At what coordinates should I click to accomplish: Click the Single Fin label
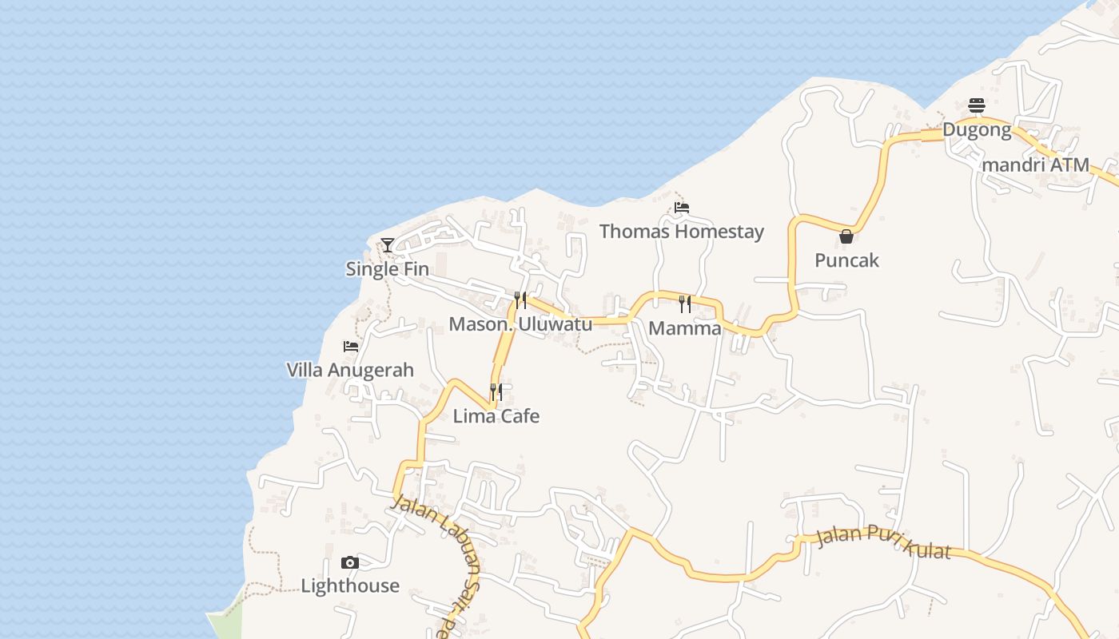pos(387,269)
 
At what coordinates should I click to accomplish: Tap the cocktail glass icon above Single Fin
pos(388,244)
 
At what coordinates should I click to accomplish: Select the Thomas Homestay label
pos(681,232)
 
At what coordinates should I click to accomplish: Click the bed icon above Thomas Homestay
pos(681,208)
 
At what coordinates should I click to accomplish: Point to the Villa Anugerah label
pos(350,370)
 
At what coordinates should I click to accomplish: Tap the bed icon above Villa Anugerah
pos(350,346)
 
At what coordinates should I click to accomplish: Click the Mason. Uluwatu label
pos(520,324)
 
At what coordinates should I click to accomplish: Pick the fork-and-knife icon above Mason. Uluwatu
pos(520,300)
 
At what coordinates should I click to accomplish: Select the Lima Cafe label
pos(496,416)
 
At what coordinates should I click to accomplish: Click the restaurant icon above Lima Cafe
pos(496,391)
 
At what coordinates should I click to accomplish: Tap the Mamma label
pos(685,328)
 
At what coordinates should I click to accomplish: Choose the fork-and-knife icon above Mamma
pos(685,304)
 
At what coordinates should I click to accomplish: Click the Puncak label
pos(846,260)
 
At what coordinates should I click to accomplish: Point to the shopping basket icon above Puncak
pos(846,236)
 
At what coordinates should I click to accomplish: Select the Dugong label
pos(977,129)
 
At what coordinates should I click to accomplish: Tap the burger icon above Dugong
pos(977,105)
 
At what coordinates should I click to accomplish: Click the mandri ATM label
pos(1037,165)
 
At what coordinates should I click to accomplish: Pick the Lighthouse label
pos(350,586)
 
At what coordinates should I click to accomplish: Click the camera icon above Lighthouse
pos(350,562)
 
